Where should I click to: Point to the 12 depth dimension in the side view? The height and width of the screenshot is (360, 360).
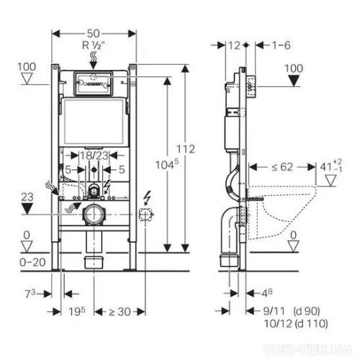(x=232, y=45)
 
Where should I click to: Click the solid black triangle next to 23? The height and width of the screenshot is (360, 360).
(x=27, y=209)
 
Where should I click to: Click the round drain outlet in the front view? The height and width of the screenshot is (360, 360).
(x=94, y=214)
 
